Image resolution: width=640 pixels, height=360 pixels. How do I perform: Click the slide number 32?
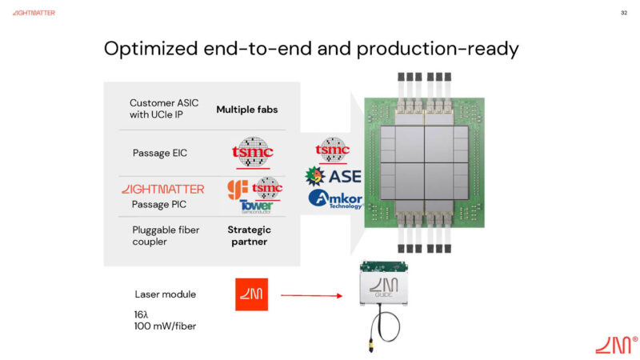pos(623,13)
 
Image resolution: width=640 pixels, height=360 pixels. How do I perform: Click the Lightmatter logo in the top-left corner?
pos(34,14)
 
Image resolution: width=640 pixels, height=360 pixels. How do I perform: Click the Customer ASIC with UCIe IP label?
pos(164,109)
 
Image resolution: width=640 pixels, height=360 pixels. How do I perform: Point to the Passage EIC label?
pos(160,153)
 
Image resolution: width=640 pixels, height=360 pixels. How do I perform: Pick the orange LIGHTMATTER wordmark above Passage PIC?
pos(162,189)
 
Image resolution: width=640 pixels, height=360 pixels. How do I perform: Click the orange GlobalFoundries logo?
pos(238,190)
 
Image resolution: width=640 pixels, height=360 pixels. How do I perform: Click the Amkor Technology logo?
pos(335,200)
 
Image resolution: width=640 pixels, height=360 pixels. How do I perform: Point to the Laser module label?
pos(165,294)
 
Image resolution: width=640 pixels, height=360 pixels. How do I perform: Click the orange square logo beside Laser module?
pos(251,294)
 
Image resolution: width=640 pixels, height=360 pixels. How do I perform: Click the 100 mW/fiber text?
pos(165,326)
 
